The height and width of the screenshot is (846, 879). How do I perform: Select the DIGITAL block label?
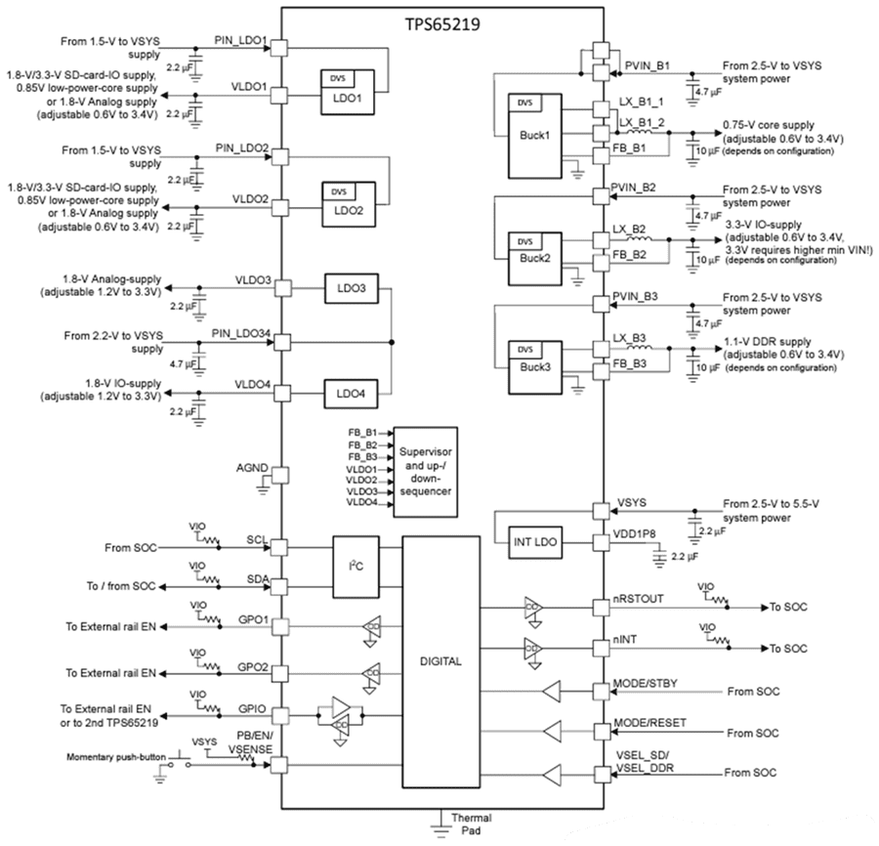[440, 661]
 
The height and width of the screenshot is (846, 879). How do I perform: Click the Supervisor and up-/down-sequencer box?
[425, 466]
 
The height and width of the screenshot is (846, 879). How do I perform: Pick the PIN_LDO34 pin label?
[240, 333]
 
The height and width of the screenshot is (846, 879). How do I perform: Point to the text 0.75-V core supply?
[766, 126]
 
